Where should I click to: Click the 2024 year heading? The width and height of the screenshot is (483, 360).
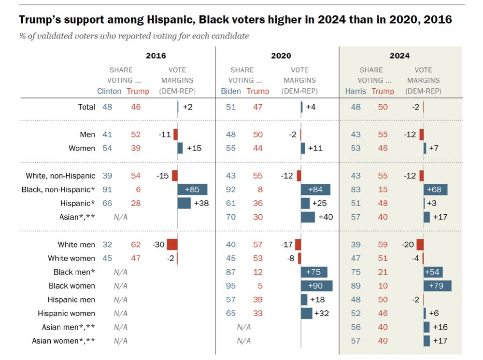point(400,55)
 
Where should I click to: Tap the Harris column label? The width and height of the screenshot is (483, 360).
point(355,91)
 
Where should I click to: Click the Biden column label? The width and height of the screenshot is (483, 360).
point(230,91)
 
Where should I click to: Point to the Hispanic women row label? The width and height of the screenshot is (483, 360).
point(67,314)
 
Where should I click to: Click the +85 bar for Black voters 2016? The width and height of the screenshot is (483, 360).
point(192,189)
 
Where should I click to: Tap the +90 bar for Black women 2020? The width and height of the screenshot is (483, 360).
point(317,286)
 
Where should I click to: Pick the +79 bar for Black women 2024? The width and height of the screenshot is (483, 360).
point(438,286)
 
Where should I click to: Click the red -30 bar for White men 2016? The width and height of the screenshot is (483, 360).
point(172,245)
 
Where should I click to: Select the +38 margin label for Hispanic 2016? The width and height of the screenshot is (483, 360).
point(201,203)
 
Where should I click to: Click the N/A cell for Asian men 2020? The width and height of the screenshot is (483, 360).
point(244,327)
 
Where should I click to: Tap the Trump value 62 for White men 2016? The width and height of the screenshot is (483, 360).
point(136,245)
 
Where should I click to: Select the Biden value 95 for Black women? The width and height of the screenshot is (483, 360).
point(230,286)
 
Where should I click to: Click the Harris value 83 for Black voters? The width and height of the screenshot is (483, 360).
point(355,189)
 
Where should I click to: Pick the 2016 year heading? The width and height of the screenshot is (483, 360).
point(155,55)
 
